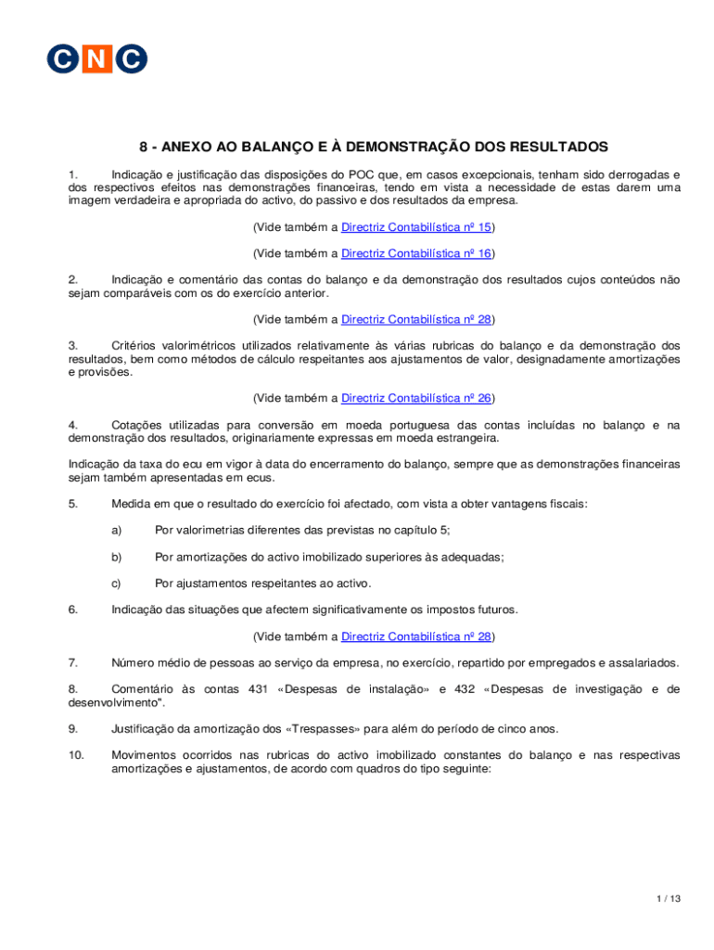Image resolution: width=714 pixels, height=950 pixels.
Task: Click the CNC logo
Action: point(97,58)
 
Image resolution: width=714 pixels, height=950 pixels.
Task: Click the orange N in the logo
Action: point(97,58)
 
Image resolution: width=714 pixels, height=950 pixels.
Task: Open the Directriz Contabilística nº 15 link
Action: point(416,227)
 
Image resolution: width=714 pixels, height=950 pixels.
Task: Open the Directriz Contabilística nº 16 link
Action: point(416,253)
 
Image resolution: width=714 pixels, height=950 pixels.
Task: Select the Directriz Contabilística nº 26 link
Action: point(416,399)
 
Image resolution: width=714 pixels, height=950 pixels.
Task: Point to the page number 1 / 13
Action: point(668,898)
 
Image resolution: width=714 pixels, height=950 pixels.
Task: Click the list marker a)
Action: point(117,531)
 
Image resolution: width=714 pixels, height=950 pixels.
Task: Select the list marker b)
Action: point(117,558)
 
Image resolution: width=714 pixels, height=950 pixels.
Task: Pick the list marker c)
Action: point(117,584)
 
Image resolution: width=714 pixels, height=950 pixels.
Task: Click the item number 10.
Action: point(76,755)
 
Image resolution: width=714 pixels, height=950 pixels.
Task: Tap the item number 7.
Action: point(72,663)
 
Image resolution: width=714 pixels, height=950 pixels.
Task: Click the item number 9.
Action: point(72,729)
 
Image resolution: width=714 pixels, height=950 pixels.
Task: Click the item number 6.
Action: point(72,610)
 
